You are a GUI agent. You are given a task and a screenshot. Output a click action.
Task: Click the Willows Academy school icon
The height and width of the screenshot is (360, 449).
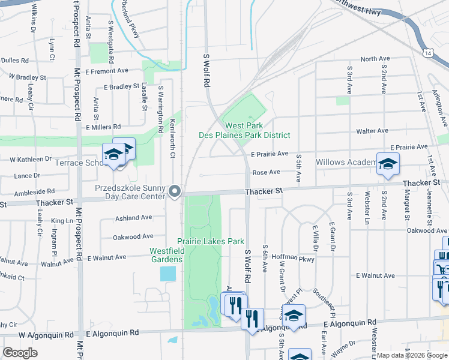[x=388, y=163]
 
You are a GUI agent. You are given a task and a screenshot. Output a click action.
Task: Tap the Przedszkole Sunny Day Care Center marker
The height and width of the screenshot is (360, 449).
[x=175, y=191]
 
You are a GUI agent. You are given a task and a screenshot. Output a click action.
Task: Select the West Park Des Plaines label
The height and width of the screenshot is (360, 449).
[x=244, y=130]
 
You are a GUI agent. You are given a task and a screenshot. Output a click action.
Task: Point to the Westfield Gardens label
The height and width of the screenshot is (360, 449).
[x=166, y=255]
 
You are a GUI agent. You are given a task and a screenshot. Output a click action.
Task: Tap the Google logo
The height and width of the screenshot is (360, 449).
[x=20, y=352]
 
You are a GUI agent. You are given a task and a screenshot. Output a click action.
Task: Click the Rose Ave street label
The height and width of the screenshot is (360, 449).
[x=266, y=172]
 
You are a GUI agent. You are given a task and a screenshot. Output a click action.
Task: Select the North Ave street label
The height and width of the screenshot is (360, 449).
[x=375, y=59]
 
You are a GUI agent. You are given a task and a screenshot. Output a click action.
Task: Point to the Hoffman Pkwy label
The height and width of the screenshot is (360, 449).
[x=293, y=257]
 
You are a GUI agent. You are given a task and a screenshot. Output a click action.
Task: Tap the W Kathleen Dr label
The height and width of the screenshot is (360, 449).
[x=30, y=159]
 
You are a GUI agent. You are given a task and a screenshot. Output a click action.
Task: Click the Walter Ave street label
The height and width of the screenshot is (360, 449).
[x=372, y=131]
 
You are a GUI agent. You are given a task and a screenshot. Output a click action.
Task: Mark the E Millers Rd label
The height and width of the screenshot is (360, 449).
[x=103, y=127]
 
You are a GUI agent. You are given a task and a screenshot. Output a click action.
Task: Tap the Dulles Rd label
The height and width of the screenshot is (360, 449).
[x=15, y=61]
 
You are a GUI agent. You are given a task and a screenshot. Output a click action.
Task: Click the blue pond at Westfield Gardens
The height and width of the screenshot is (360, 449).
[x=169, y=274]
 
